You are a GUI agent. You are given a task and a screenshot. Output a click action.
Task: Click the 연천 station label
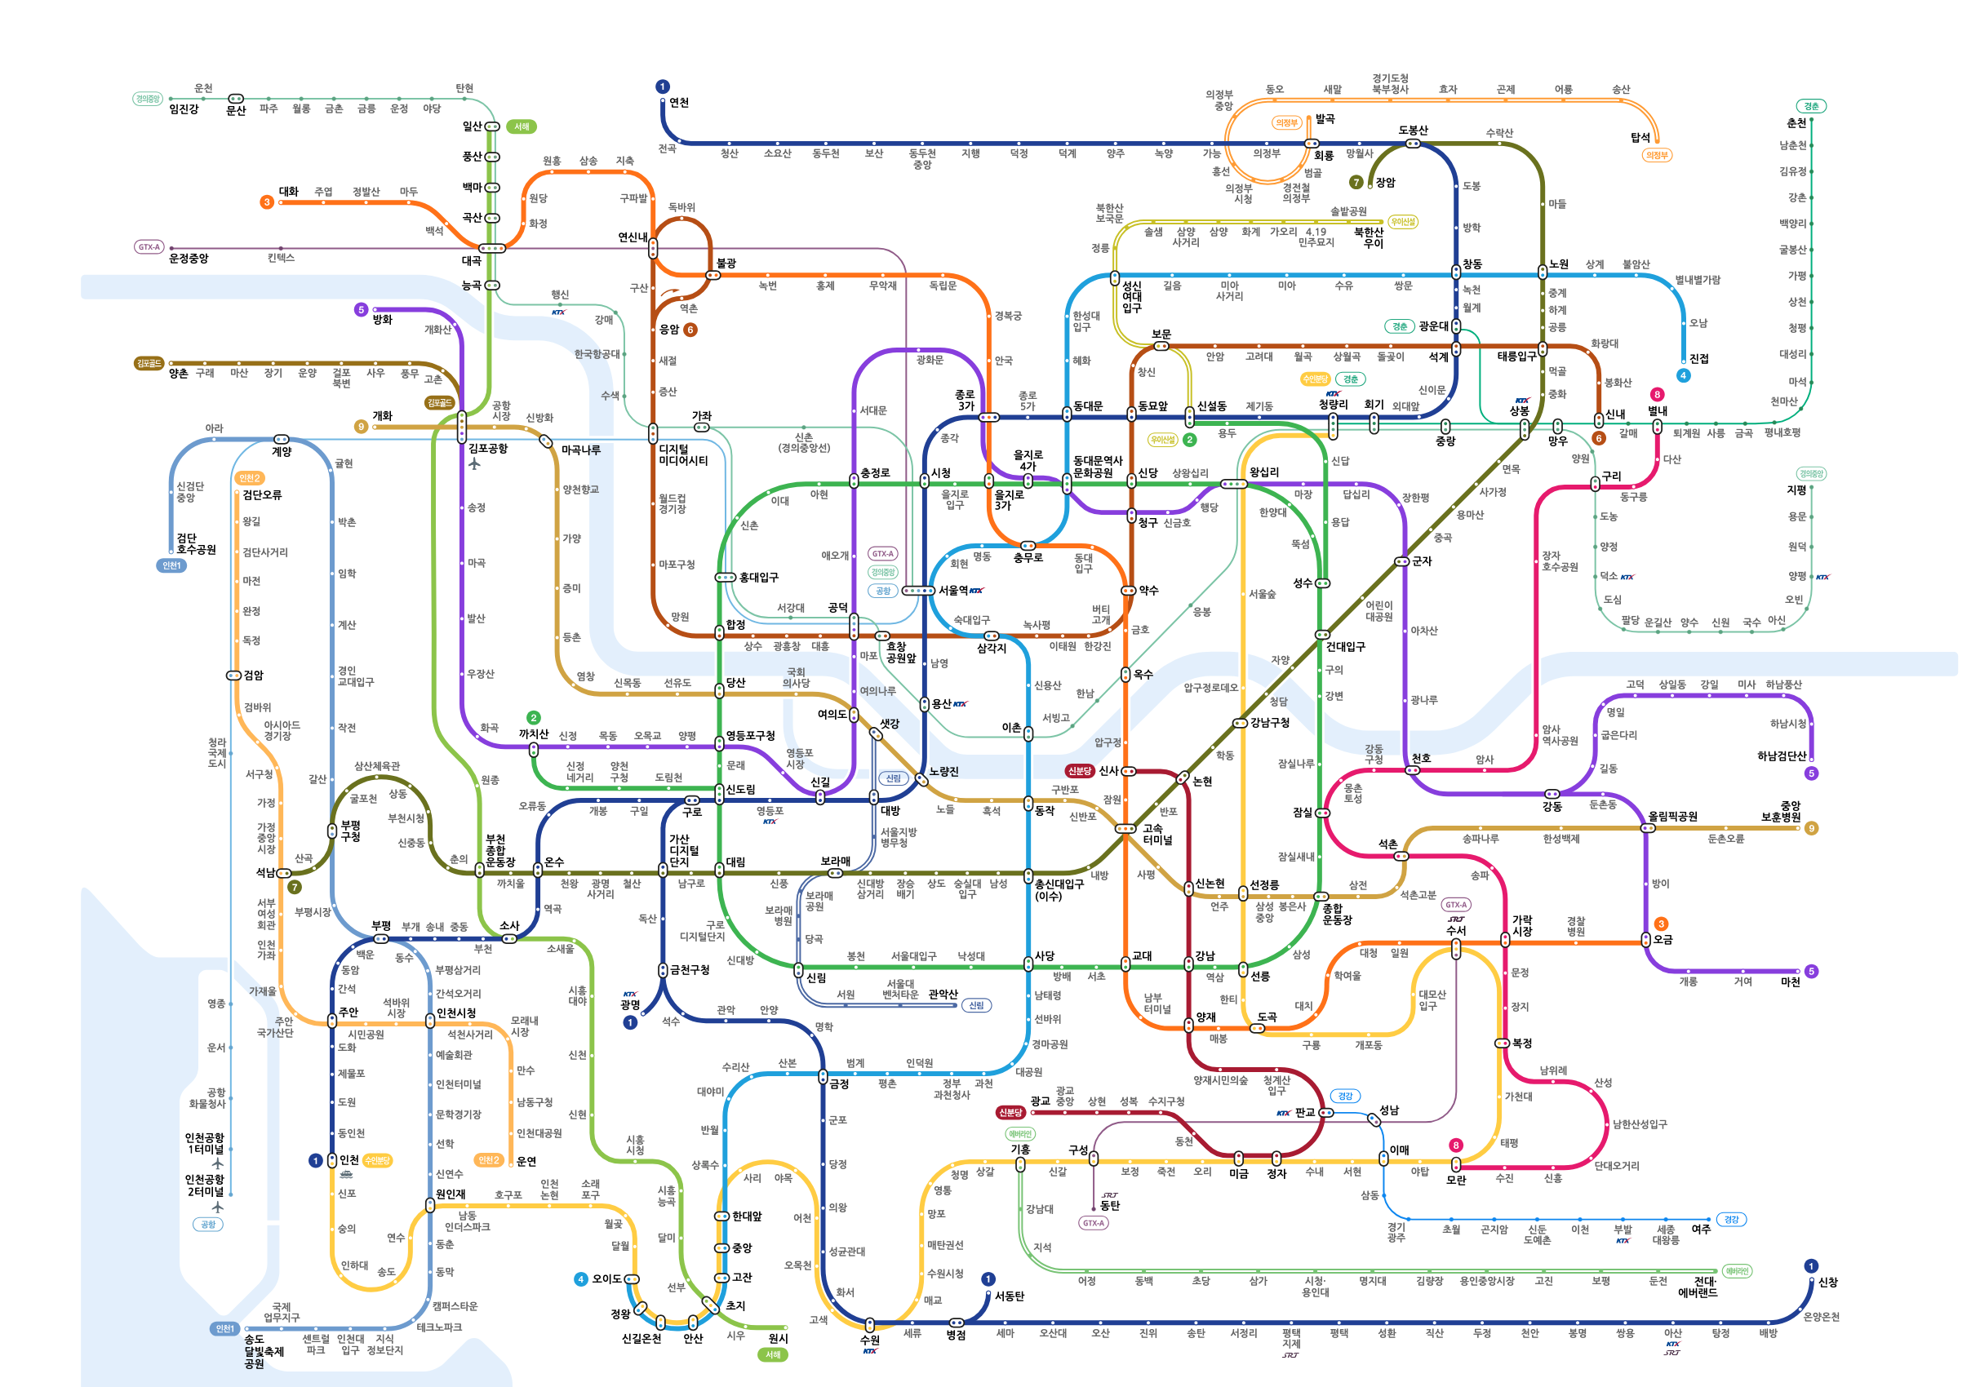click(679, 103)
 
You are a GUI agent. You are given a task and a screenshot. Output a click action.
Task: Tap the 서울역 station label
click(953, 591)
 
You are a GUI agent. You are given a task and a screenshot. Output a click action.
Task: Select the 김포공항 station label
click(488, 448)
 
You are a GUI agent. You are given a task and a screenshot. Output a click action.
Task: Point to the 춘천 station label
click(1796, 123)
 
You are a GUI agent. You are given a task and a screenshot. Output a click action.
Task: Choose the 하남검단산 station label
click(1782, 756)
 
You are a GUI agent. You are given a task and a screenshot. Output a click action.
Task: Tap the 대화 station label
click(288, 192)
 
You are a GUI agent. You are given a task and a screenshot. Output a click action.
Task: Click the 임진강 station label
click(184, 109)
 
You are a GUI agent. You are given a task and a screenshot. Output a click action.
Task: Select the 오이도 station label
click(606, 1279)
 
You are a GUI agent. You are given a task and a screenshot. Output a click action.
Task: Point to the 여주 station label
click(1701, 1230)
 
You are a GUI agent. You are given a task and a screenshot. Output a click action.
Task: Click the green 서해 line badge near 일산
click(522, 126)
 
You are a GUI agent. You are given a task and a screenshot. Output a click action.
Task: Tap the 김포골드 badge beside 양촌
click(149, 364)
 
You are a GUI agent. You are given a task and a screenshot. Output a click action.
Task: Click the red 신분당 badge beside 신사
click(1079, 771)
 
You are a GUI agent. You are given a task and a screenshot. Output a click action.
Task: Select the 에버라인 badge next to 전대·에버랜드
click(1736, 1270)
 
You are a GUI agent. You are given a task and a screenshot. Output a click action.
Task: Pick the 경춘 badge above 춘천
click(1811, 106)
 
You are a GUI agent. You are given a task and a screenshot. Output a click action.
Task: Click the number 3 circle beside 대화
click(266, 202)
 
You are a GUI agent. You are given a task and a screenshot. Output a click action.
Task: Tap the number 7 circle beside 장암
click(1356, 182)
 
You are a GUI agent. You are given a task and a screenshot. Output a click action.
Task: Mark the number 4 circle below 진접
click(1682, 375)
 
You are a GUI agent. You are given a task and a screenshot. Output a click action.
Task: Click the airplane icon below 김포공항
click(474, 463)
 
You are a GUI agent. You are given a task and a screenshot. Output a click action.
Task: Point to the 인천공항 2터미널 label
click(204, 1185)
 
